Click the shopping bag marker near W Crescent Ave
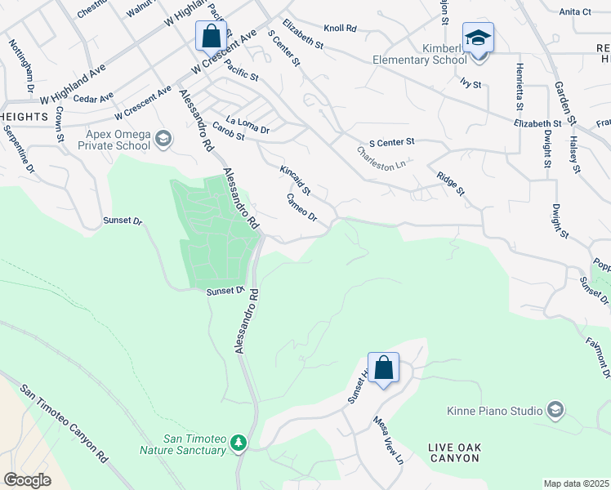coord(212,37)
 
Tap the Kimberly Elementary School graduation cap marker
coord(478,38)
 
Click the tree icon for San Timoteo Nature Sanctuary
coord(239,442)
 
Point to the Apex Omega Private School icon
coord(163,139)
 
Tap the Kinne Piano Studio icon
coord(555,409)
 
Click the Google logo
coord(27,480)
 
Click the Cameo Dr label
coord(301,207)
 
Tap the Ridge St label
coord(450,184)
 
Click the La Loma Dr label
coord(248,124)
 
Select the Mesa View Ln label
coord(388,442)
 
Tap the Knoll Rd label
coord(341,29)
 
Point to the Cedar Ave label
coord(93,98)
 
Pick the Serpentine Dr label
coord(19,149)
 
